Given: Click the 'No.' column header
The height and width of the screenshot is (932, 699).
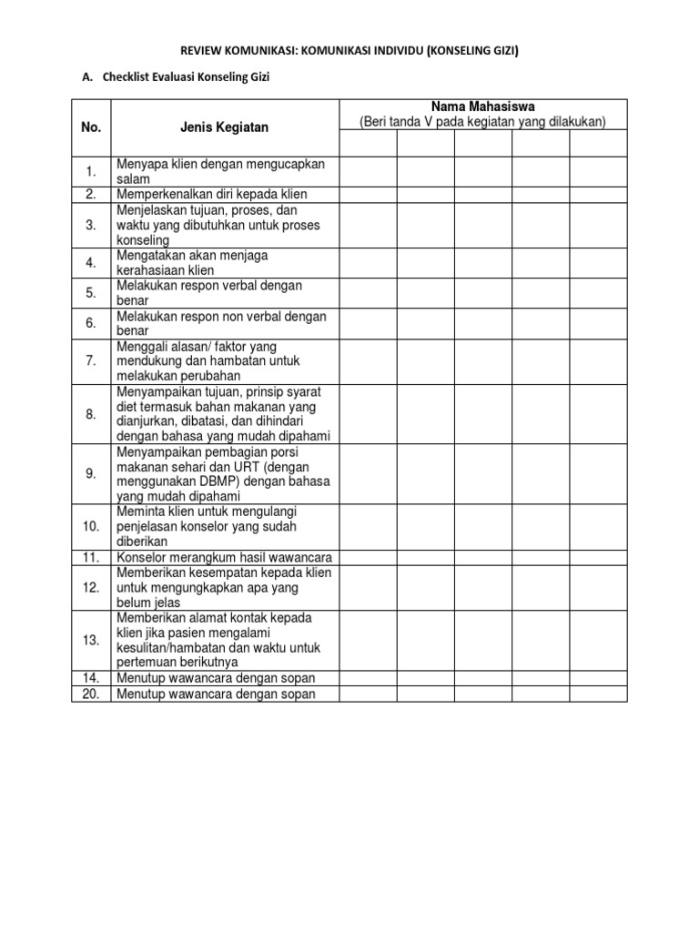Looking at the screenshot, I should coord(91,127).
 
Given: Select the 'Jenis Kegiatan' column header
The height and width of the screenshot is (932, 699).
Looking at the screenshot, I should coord(224,127).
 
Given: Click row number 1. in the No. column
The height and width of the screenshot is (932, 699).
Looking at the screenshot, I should coord(91,171).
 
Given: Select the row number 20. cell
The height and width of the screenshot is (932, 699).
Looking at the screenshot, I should coord(91,694).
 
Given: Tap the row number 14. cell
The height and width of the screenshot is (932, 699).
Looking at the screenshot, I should coord(91,678).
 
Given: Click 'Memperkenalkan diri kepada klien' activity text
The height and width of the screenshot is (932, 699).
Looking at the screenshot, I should coord(212,194).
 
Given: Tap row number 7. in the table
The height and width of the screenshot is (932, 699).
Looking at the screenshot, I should coord(91,361).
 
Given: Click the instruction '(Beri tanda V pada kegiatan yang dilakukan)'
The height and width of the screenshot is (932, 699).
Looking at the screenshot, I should coord(483,122).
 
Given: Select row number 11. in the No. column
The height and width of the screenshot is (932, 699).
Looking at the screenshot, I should coord(91,557).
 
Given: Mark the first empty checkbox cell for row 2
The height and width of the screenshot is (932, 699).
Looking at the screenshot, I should coord(368,194).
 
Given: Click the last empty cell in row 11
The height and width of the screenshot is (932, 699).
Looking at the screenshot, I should coord(599,557).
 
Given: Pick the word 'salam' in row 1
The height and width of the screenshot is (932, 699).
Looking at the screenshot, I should coord(133,179).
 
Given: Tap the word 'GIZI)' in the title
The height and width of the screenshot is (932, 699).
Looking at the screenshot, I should coord(501,51).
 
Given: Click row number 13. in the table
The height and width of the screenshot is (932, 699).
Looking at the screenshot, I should coord(91,640).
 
